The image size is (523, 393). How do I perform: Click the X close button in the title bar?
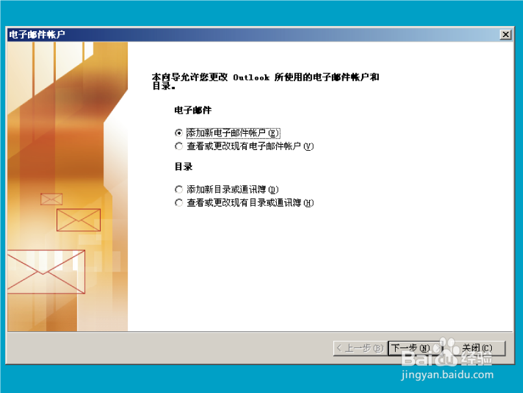click(x=505, y=34)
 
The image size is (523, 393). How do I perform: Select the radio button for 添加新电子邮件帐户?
click(x=179, y=133)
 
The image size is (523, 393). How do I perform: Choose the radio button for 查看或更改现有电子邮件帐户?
click(x=179, y=147)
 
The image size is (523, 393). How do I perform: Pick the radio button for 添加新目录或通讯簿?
click(x=179, y=189)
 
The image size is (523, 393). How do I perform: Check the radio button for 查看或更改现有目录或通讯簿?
click(x=179, y=203)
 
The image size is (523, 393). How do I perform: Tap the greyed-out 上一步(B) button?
click(x=359, y=348)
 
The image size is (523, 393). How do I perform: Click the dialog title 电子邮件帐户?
click(x=37, y=34)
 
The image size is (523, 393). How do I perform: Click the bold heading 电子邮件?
click(x=193, y=110)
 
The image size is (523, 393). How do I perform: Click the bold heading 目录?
click(x=183, y=167)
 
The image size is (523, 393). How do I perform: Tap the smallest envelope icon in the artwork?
click(x=51, y=199)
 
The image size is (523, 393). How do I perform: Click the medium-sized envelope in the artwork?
click(x=79, y=220)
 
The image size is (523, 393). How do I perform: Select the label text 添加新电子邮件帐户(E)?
click(x=233, y=133)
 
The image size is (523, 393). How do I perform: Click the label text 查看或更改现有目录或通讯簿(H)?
click(x=250, y=203)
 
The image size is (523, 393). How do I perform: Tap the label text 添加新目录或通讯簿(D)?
click(x=233, y=189)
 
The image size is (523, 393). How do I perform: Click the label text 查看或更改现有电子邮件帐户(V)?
click(x=250, y=147)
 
